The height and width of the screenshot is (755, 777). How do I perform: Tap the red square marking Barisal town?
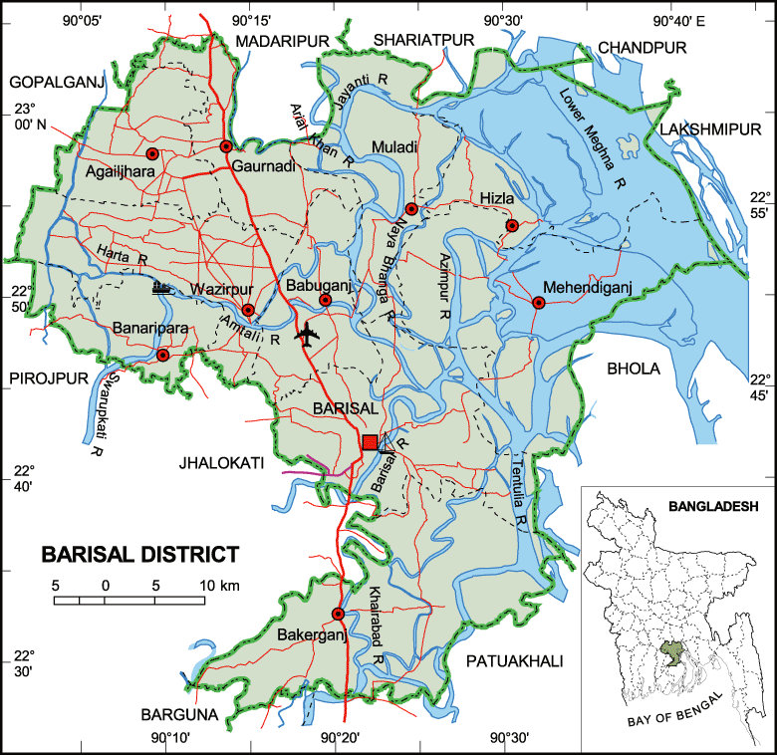[370, 442]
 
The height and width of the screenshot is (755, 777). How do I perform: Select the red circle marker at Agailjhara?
[152, 153]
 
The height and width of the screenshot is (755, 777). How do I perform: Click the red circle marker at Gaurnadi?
[226, 147]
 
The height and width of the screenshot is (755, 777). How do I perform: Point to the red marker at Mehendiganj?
[539, 303]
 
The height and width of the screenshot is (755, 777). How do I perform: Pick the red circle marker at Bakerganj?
[338, 614]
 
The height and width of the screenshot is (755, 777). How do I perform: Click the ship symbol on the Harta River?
[162, 289]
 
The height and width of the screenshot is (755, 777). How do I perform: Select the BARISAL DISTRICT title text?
[139, 555]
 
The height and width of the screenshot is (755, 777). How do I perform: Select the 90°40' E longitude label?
[678, 21]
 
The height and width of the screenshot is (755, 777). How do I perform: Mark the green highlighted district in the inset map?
[673, 652]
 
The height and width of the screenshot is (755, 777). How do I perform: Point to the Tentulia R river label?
[516, 488]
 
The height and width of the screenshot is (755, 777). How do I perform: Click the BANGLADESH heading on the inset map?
[713, 506]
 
